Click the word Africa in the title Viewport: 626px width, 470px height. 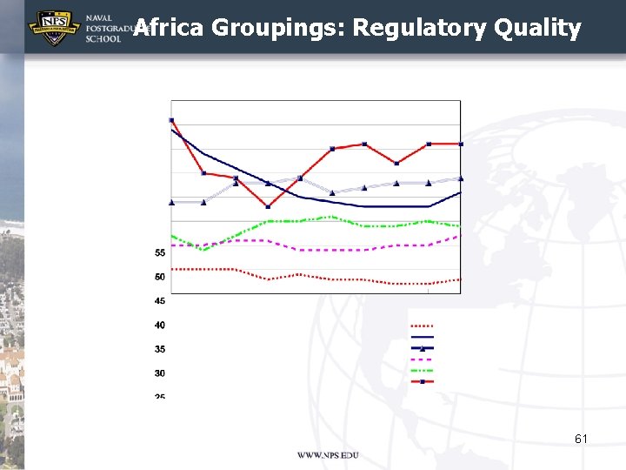tap(170, 28)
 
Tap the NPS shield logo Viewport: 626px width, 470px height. tap(54, 28)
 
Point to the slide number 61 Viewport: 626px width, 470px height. tap(581, 440)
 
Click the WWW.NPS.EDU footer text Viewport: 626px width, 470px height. tap(328, 455)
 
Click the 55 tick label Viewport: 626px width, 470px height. tap(160, 253)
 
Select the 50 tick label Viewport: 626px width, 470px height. tap(160, 277)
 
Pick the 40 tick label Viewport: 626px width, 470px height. tap(160, 326)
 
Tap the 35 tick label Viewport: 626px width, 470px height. tap(160, 350)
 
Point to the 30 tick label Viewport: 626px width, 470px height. tap(160, 373)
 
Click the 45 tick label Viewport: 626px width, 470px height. tap(160, 301)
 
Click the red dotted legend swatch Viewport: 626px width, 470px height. tap(422, 326)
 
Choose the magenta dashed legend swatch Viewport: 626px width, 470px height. tap(422, 359)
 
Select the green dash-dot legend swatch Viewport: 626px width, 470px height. tap(422, 370)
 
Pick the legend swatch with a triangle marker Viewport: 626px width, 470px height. tap(422, 347)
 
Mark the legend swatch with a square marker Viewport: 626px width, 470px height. tap(422, 381)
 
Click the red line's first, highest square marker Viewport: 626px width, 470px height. tap(172, 120)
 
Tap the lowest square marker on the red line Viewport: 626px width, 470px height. tap(268, 206)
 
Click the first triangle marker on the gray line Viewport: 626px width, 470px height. tap(172, 202)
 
